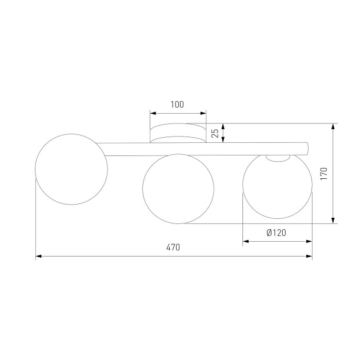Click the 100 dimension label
pyautogui.click(x=177, y=105)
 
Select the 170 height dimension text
pyautogui.click(x=323, y=174)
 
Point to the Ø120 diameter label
pyautogui.click(x=276, y=233)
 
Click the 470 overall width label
pyautogui.click(x=173, y=247)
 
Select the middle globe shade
pyautogui.click(x=178, y=189)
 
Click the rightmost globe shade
pyautogui.click(x=278, y=186)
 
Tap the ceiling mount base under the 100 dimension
pyautogui.click(x=178, y=133)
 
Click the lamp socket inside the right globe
pyautogui.click(x=278, y=158)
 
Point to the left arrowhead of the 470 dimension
pyautogui.click(x=38, y=257)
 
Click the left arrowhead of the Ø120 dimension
pyautogui.click(x=246, y=242)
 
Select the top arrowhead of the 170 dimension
pyautogui.click(x=334, y=126)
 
